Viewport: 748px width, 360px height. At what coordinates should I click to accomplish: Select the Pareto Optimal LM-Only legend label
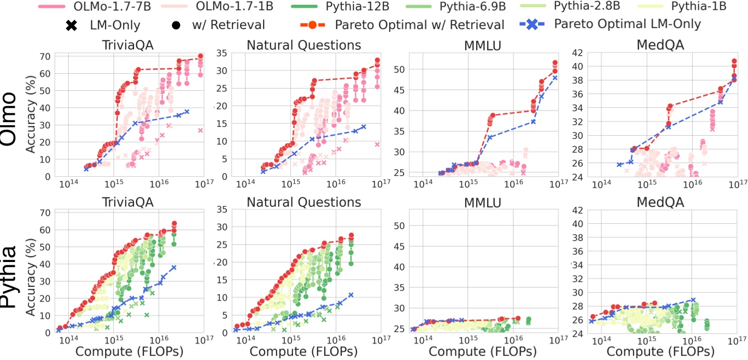click(x=627, y=24)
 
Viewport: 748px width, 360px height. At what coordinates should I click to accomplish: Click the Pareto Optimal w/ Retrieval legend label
click(x=419, y=25)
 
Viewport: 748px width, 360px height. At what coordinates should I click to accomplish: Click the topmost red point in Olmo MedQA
click(x=734, y=61)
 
